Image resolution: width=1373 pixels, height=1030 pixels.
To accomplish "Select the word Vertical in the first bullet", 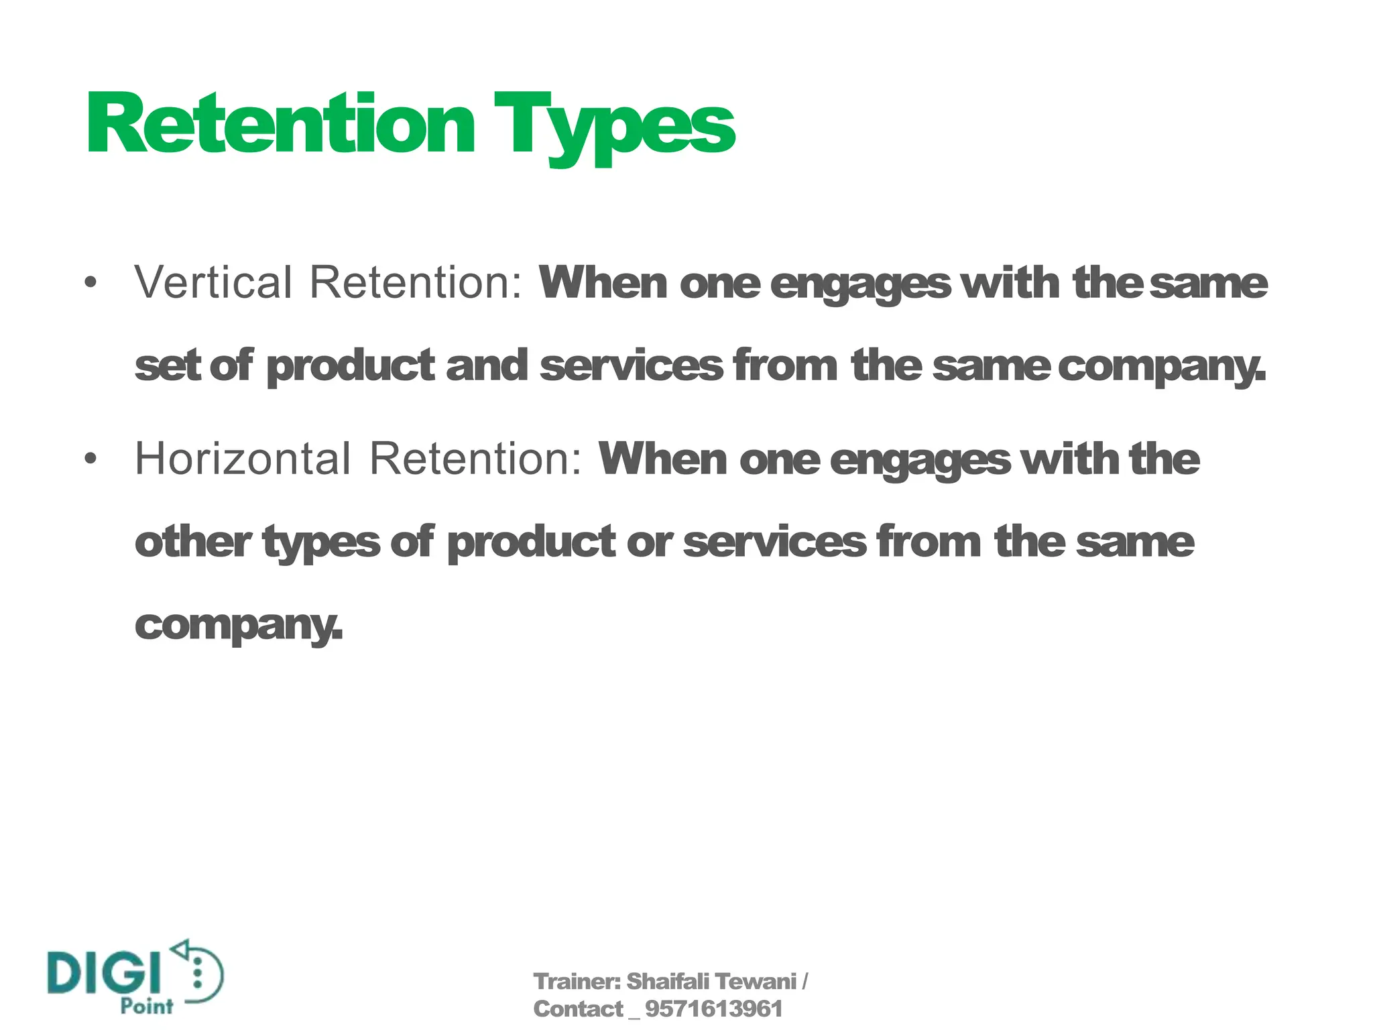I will [213, 282].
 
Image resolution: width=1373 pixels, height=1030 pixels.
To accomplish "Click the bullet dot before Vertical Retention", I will [91, 282].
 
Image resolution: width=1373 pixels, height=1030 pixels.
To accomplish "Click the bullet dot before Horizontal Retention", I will [91, 459].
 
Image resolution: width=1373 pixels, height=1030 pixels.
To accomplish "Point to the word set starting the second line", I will [168, 366].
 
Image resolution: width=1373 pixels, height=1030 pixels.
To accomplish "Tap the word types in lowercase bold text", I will [321, 543].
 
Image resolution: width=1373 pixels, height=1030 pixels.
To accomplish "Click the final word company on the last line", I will [238, 625].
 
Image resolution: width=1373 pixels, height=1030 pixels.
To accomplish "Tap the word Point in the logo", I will [147, 1006].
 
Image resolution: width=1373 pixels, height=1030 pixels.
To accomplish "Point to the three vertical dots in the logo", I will [197, 973].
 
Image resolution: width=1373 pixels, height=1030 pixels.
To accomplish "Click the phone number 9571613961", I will [713, 1009].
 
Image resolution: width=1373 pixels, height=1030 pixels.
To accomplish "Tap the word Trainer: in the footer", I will [577, 982].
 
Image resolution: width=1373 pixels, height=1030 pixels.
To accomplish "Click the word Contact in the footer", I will [578, 1009].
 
